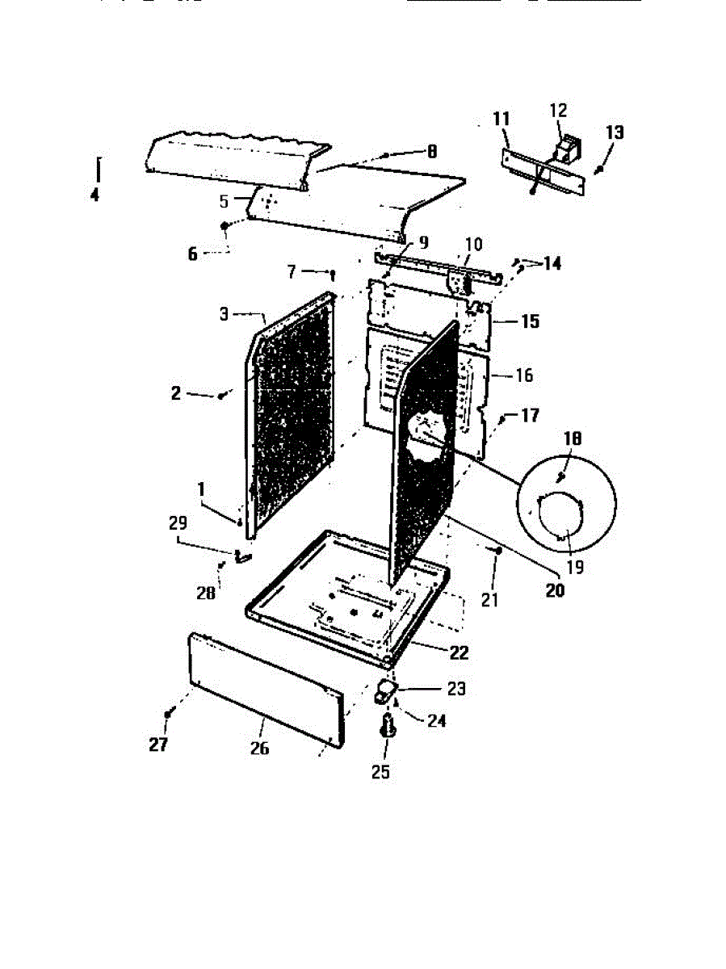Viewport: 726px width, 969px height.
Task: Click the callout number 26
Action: coord(258,749)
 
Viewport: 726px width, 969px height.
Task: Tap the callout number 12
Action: coord(559,111)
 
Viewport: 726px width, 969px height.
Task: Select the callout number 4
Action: coord(95,195)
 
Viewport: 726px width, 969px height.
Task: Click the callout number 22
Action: coord(459,651)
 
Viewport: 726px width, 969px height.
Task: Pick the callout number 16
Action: coord(523,375)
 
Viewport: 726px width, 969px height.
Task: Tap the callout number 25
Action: coord(380,771)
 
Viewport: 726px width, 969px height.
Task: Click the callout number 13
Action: coord(615,132)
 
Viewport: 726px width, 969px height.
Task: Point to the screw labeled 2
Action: coord(220,396)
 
